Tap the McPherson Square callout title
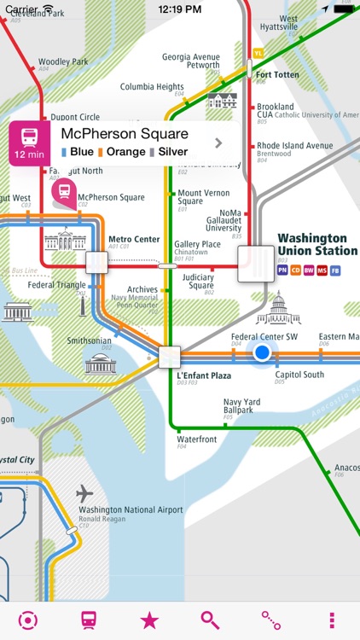pos(125,134)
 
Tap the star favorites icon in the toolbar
pos(149,620)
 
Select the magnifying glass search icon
pos(210,620)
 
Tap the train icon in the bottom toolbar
pos(89,620)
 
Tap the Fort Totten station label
pos(278,75)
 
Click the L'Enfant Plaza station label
pos(204,375)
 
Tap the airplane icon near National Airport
pos(84,493)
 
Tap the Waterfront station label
pos(197,439)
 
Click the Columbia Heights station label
pos(152,87)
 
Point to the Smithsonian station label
pos(90,340)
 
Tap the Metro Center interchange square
pos(96,262)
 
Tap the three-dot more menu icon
pos(332,620)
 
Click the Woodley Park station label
pos(63,62)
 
